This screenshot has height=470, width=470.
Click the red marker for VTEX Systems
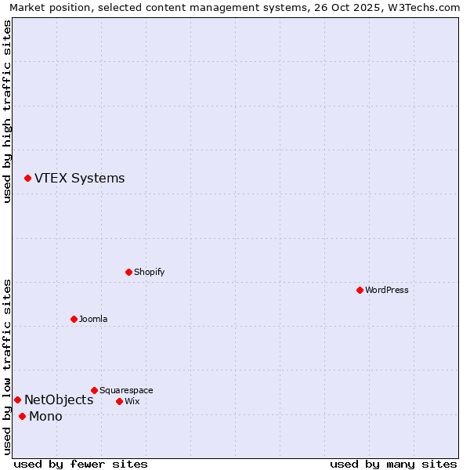tap(27, 179)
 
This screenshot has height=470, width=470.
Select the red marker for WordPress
tap(360, 290)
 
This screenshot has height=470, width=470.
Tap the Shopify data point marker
tap(128, 272)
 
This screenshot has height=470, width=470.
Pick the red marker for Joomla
tap(74, 319)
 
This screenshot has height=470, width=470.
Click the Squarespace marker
tap(94, 390)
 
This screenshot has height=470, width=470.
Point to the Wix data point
tap(119, 401)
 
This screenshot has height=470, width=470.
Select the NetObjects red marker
tap(17, 400)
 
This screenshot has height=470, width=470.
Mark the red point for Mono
tap(22, 417)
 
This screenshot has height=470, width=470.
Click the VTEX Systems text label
tap(79, 179)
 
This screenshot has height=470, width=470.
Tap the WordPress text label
tap(387, 290)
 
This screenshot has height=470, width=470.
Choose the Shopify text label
tap(149, 272)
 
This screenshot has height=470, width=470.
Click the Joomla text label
tap(93, 319)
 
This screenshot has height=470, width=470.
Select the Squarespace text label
tap(126, 390)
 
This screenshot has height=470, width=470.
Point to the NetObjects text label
tap(59, 400)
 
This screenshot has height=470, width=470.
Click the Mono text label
tap(45, 417)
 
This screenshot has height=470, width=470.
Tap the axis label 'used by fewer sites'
tap(81, 464)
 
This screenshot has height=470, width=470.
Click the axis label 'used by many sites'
tap(393, 464)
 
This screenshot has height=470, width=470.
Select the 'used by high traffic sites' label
tap(8, 111)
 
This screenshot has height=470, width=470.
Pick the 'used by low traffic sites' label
tap(8, 366)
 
